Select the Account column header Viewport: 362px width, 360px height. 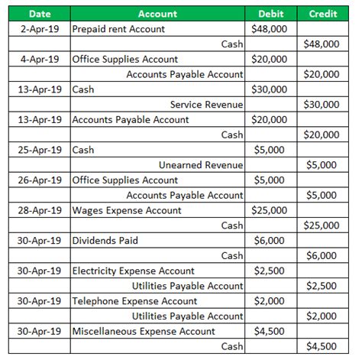tap(158, 14)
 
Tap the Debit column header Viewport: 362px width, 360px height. tap(271, 14)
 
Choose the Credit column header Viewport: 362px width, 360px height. tap(323, 14)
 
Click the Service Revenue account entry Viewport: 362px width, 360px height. tap(206, 105)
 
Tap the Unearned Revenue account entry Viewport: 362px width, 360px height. tap(201, 165)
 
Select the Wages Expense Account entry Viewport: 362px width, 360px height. tap(127, 210)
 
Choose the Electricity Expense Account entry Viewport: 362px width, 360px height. tap(133, 271)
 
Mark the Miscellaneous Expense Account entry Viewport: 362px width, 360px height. tap(143, 332)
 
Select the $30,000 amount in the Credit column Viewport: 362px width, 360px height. tap(322, 105)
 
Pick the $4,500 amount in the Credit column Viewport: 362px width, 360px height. tap(324, 346)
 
